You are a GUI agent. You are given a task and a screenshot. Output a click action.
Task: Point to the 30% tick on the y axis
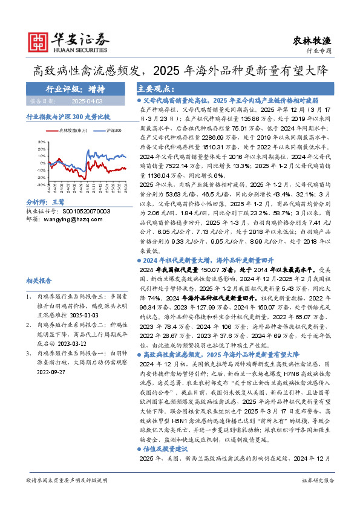point(41,143)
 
